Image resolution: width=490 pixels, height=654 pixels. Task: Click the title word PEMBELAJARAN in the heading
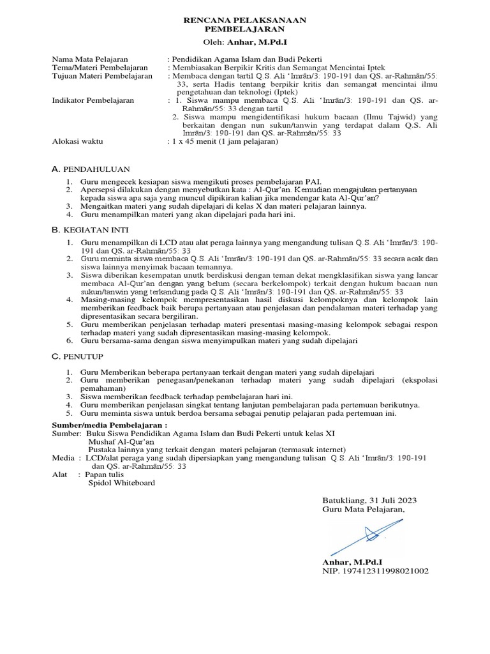245,29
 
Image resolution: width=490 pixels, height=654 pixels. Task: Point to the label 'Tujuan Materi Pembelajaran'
102,75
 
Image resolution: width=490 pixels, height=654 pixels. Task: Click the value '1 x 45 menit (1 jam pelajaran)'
223,142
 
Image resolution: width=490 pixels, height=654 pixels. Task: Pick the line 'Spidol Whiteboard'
121,483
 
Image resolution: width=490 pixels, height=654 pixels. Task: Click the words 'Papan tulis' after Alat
106,475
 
